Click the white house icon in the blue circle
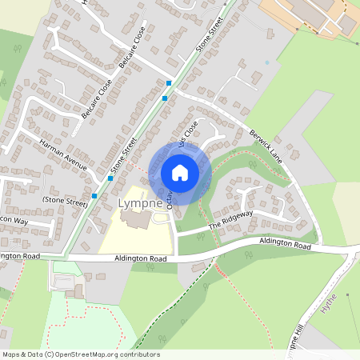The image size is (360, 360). [x=180, y=173]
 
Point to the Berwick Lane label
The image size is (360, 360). [x=266, y=145]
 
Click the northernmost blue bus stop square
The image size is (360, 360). [x=170, y=82]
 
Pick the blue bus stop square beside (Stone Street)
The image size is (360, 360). [x=94, y=195]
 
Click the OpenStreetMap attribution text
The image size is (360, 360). [x=80, y=354]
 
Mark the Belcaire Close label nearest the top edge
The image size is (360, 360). [x=130, y=48]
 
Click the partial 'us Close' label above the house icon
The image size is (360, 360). [x=189, y=132]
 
